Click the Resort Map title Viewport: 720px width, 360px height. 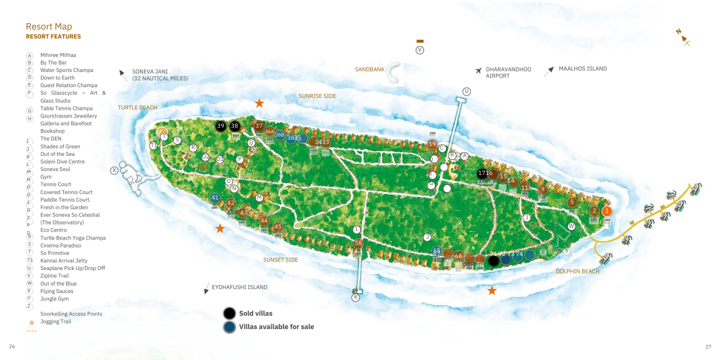coord(49,26)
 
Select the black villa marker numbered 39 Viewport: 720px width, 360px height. coord(220,126)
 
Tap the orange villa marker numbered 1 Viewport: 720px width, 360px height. coord(606,211)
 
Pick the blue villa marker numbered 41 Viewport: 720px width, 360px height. coord(215,197)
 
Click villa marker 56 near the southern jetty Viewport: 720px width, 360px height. coord(358,244)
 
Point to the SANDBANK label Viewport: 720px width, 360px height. coord(370,70)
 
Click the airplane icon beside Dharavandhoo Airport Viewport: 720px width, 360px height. coord(479,71)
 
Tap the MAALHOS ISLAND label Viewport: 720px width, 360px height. coord(582,69)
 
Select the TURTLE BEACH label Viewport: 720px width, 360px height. coord(137,107)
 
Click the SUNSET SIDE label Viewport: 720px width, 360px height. coord(281,260)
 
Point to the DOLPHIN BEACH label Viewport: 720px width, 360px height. coord(577,272)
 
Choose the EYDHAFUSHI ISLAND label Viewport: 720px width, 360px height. coord(239,287)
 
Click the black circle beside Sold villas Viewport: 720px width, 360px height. coord(229,313)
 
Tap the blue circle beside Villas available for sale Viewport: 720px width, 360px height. coord(229,327)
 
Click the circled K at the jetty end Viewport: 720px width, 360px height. coord(355,298)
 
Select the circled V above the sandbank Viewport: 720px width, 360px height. coord(420,50)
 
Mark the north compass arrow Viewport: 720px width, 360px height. coord(683,37)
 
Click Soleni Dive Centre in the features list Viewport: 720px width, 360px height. coord(62,162)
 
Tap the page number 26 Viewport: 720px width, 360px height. coord(12,346)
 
